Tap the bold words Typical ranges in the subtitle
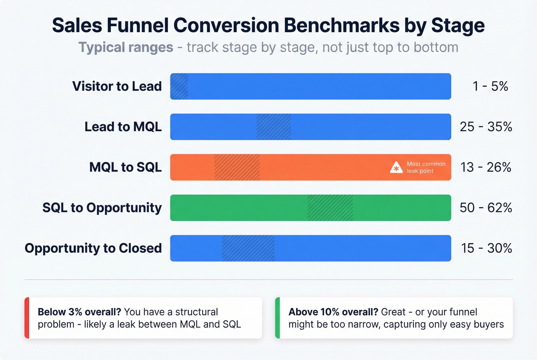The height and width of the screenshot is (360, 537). pos(126,48)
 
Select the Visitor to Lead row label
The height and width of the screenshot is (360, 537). pos(117,86)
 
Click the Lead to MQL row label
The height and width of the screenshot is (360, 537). pos(123,127)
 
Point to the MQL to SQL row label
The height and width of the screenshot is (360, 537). pos(125,167)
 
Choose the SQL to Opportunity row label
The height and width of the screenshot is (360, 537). pos(102,207)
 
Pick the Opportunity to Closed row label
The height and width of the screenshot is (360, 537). pos(93,248)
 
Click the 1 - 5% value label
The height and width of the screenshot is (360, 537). pos(490,86)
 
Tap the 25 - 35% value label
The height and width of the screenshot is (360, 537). pos(486,127)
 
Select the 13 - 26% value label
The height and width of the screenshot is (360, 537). pos(486,167)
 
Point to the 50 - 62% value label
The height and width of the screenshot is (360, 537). pos(486,207)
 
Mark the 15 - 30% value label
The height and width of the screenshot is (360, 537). pos(486,248)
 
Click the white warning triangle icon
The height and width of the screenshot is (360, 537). pos(396,168)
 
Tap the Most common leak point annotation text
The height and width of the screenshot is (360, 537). pos(426,167)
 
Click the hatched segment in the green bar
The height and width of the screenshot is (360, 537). pos(330,207)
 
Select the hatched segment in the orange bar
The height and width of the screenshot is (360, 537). pos(237,167)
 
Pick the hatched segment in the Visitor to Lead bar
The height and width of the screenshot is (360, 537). pos(179,86)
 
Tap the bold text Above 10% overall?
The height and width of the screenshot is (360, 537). pos(333,312)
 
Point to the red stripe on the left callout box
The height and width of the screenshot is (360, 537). pos(27,318)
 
